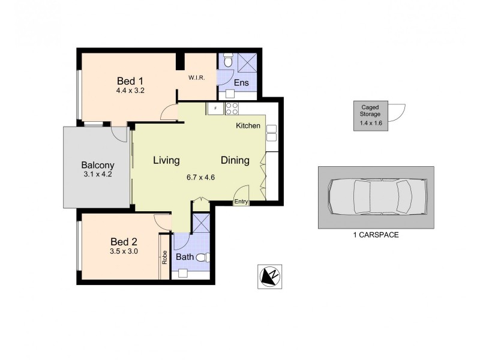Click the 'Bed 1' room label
(x=130, y=80)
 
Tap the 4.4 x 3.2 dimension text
(x=130, y=91)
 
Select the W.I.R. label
(x=197, y=77)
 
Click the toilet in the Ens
(x=227, y=61)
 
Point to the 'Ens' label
(x=241, y=83)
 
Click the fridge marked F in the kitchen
(x=215, y=108)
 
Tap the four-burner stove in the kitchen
(x=232, y=108)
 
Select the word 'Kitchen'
(x=248, y=126)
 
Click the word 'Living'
(x=166, y=160)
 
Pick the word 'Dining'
(x=235, y=160)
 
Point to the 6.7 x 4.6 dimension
(x=200, y=177)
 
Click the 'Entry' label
(x=241, y=202)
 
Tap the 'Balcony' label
(x=97, y=165)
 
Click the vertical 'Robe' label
(x=164, y=257)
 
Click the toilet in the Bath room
(x=203, y=258)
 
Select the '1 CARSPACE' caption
(x=376, y=235)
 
